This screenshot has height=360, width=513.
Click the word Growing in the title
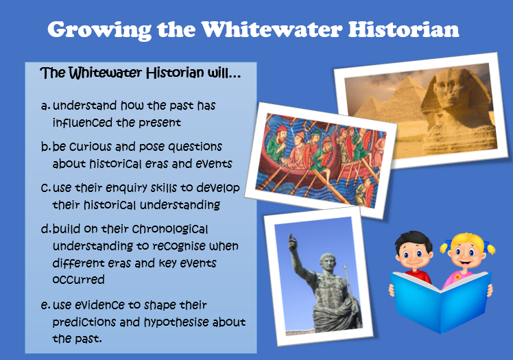(x=99, y=30)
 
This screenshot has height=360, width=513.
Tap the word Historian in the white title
(x=403, y=29)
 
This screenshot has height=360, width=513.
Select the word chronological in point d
(x=170, y=229)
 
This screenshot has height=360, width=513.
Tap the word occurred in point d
(x=78, y=280)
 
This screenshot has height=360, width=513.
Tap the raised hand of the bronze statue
(x=292, y=243)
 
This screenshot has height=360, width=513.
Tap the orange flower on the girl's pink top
(x=457, y=277)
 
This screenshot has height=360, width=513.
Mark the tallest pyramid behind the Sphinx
(x=405, y=98)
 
